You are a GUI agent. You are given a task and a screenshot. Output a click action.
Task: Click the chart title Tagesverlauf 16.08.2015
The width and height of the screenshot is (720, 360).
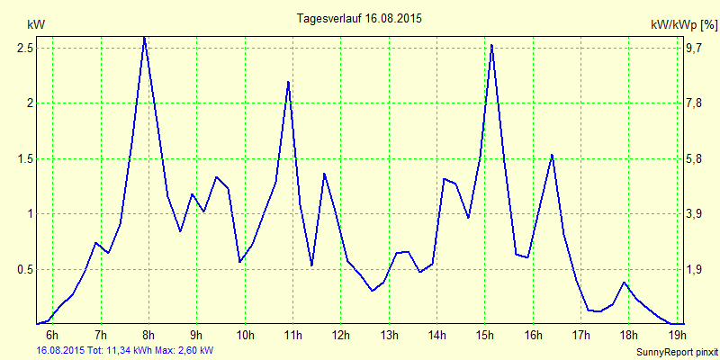(359, 18)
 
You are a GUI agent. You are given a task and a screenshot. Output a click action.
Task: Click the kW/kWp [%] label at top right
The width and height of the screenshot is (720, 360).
(683, 25)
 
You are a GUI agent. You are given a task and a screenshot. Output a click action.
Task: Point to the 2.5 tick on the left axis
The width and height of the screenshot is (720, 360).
(24, 48)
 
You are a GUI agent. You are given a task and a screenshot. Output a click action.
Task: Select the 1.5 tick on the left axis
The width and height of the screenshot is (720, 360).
(24, 158)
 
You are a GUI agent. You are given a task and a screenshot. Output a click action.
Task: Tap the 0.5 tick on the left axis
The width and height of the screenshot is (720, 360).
(24, 269)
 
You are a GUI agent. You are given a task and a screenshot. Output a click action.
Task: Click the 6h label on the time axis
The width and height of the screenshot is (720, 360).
(52, 336)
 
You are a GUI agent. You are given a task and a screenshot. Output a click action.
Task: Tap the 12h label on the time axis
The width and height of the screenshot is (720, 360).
(340, 336)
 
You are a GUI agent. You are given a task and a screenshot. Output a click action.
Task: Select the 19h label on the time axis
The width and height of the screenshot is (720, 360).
(677, 336)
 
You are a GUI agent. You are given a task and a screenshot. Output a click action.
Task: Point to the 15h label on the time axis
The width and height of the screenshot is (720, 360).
(485, 336)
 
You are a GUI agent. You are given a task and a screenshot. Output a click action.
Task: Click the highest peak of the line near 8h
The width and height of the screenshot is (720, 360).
(144, 37)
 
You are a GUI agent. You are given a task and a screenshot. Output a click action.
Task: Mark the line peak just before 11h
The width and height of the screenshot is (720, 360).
(288, 82)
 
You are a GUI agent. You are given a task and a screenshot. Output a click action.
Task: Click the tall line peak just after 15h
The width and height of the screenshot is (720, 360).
(491, 44)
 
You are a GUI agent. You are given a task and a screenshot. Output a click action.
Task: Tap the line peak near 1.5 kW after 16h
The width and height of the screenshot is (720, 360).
(552, 155)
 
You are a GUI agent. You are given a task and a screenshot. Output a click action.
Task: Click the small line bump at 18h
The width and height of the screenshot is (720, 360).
(624, 283)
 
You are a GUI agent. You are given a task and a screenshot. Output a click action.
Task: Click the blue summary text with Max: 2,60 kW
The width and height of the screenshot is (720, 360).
(124, 350)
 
